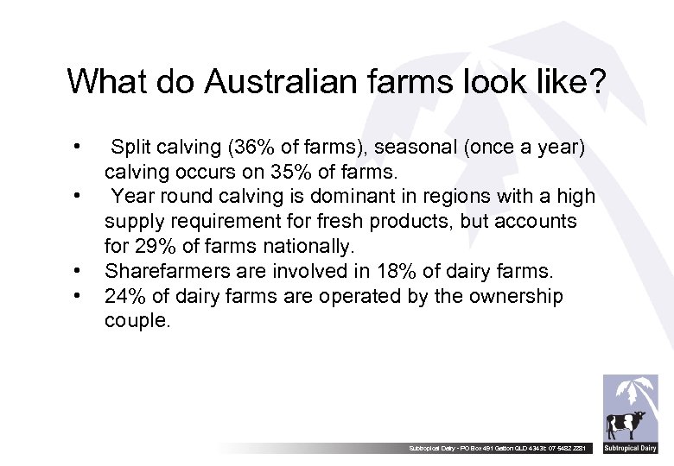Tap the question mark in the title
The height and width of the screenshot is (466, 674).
point(597,82)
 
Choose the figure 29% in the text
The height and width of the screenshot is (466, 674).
point(154,246)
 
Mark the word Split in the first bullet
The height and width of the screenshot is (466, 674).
point(131,148)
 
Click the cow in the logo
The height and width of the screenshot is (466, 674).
point(625,425)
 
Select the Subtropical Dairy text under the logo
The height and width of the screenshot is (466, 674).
point(630,449)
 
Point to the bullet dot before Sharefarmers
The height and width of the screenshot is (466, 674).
point(79,271)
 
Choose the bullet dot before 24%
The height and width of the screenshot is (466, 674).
point(79,296)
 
